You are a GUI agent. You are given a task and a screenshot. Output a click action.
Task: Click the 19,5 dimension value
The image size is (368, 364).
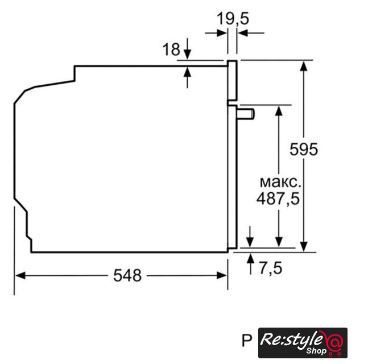pyautogui.click(x=233, y=19)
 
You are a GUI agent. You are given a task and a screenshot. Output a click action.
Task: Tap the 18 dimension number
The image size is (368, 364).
pyautogui.click(x=171, y=49)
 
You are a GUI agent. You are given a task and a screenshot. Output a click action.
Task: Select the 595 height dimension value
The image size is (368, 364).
pyautogui.click(x=304, y=149)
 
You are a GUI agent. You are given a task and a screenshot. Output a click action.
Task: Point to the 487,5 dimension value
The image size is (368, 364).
pyautogui.click(x=278, y=199)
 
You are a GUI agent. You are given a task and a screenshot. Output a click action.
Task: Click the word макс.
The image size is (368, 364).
pyautogui.click(x=280, y=183)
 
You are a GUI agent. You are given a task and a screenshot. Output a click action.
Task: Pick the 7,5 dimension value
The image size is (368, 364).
pyautogui.click(x=271, y=268)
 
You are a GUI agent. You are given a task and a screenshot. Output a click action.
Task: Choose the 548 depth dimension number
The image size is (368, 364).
pyautogui.click(x=127, y=275)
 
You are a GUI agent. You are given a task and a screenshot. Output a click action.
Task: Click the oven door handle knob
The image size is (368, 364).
pyautogui.click(x=246, y=114)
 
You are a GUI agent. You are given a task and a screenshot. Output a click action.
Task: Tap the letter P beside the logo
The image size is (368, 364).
pyautogui.click(x=247, y=341)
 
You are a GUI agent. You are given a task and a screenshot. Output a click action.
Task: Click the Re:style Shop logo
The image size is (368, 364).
pyautogui.click(x=303, y=342)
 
